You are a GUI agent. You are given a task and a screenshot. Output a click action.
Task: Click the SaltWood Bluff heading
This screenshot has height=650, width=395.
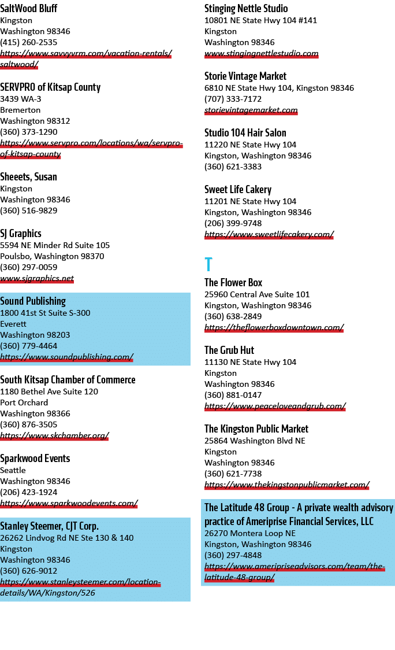pyautogui.click(x=28, y=8)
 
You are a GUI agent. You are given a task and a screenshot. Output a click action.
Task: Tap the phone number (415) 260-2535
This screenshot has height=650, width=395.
pyautogui.click(x=28, y=42)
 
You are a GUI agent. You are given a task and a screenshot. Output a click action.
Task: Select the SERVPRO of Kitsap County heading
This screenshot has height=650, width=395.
pyautogui.click(x=50, y=87)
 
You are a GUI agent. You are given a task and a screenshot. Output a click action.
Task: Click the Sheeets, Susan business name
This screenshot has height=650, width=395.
pyautogui.click(x=28, y=177)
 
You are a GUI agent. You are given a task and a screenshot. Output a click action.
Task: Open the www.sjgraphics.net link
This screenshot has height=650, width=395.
pyautogui.click(x=37, y=278)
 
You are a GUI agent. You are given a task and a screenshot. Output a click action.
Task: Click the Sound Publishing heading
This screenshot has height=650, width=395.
pyautogui.click(x=33, y=301)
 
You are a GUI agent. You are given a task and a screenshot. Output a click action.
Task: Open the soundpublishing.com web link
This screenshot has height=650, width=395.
pyautogui.click(x=66, y=357)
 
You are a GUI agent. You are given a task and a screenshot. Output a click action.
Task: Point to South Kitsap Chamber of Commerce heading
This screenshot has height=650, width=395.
pyautogui.click(x=68, y=380)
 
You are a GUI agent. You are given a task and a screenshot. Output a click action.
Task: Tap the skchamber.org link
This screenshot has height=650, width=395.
pyautogui.click(x=54, y=435)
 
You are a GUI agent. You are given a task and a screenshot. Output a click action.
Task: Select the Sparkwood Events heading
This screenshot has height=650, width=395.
pyautogui.click(x=35, y=459)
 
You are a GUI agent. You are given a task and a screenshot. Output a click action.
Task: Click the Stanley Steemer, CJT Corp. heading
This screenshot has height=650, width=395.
pyautogui.click(x=49, y=526)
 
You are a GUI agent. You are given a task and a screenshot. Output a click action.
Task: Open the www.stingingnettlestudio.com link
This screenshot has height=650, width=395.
pyautogui.click(x=261, y=53)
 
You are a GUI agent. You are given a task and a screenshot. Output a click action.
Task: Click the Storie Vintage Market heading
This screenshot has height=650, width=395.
pyautogui.click(x=245, y=76)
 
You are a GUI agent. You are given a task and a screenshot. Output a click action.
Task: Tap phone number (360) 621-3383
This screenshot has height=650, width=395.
pyautogui.click(x=233, y=167)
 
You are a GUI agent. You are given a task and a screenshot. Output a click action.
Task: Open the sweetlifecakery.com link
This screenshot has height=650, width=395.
pyautogui.click(x=269, y=234)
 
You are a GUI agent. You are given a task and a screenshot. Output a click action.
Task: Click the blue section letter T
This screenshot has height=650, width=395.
pyautogui.click(x=208, y=264)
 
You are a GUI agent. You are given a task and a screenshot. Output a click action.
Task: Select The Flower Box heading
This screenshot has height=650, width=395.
pyautogui.click(x=233, y=283)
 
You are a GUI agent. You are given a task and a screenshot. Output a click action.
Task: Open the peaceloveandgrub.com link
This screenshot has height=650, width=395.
pyautogui.click(x=275, y=406)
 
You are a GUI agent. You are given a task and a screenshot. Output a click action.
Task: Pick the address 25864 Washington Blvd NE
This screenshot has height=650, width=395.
pyautogui.click(x=255, y=441)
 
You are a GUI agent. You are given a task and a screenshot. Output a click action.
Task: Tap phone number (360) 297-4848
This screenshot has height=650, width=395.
pyautogui.click(x=233, y=555)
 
